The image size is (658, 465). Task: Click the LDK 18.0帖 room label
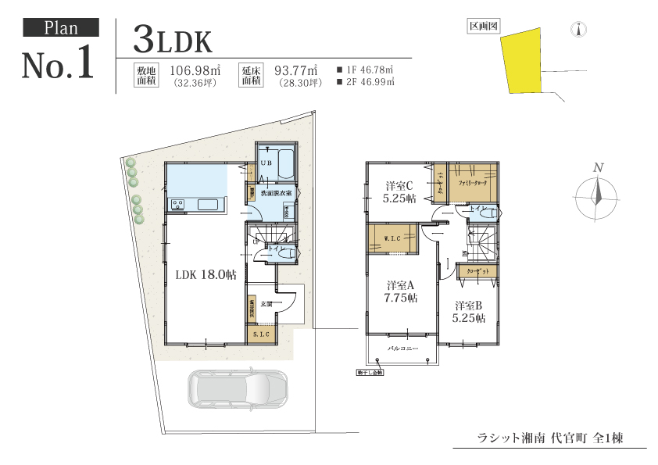[x=206, y=274]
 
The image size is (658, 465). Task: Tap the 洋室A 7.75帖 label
[x=401, y=292]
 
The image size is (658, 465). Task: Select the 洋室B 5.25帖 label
[x=470, y=312]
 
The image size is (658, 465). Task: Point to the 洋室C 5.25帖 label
[x=400, y=191]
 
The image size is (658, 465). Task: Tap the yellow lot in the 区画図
[x=521, y=59]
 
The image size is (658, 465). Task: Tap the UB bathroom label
[x=266, y=163]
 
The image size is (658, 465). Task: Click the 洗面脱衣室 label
[x=276, y=192]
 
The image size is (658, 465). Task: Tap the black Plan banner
[x=61, y=28]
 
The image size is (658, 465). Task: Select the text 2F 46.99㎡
[x=365, y=81]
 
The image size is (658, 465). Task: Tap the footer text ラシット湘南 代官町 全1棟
[x=549, y=438]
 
